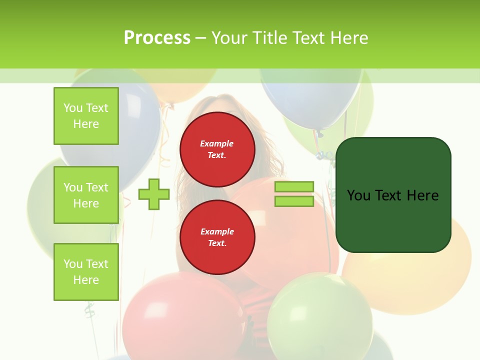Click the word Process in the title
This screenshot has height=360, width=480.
pyautogui.click(x=157, y=38)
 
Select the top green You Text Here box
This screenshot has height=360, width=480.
pyautogui.click(x=86, y=116)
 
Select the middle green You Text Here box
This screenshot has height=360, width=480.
pyautogui.click(x=86, y=195)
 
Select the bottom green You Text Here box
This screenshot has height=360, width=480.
pyautogui.click(x=86, y=271)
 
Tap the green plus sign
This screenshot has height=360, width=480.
pyautogui.click(x=154, y=194)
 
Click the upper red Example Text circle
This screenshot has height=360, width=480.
pyautogui.click(x=217, y=149)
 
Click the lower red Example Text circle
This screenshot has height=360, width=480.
pyautogui.click(x=217, y=237)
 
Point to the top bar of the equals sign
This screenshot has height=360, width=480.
pyautogui.click(x=294, y=186)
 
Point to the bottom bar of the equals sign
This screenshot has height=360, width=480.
pyautogui.click(x=294, y=201)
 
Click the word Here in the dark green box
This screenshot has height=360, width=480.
pyautogui.click(x=422, y=195)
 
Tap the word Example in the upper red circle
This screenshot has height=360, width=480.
pyautogui.click(x=217, y=144)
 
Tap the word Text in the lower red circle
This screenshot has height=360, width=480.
pyautogui.click(x=217, y=243)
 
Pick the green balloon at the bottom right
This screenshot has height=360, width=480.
pyautogui.click(x=320, y=315)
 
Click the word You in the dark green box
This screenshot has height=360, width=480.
pyautogui.click(x=358, y=195)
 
